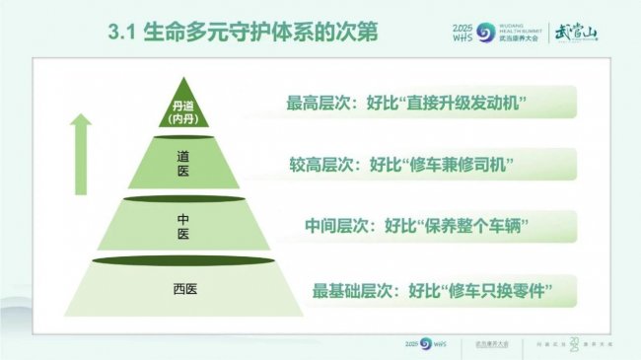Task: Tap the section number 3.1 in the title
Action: pos(125,35)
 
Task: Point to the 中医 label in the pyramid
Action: pos(183,226)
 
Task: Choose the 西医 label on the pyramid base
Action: pos(184,289)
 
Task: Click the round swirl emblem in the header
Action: pos(486,33)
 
